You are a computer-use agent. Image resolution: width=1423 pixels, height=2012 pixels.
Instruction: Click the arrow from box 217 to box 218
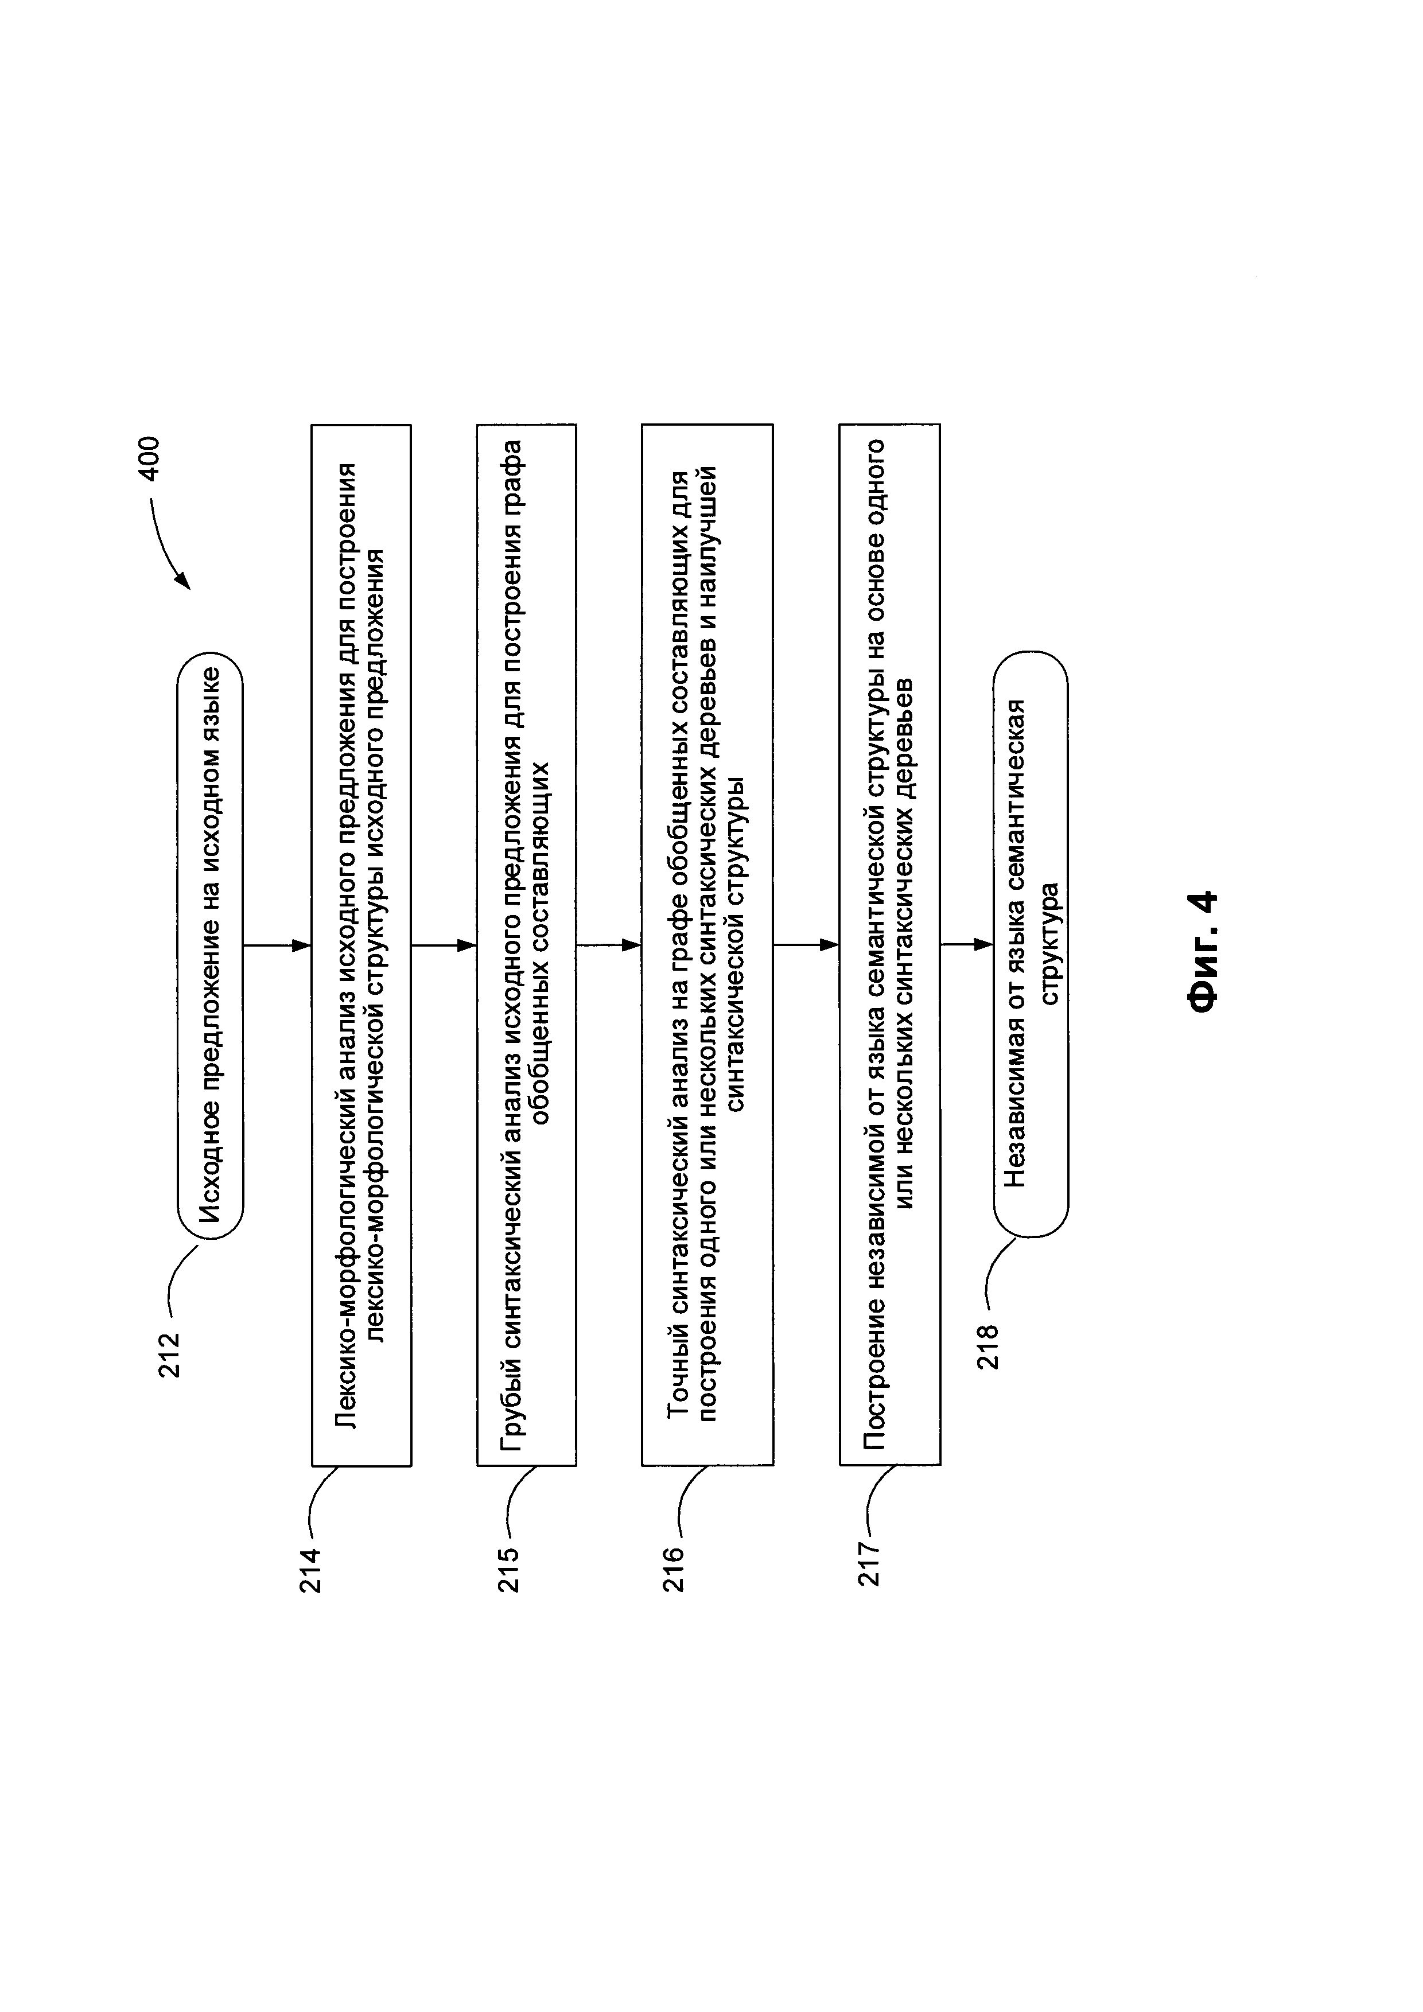point(966,945)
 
